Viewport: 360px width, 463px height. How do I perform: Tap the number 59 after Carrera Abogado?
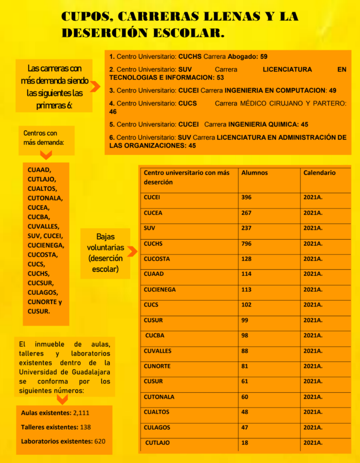(x=263, y=56)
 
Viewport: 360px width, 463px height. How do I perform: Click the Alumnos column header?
(x=254, y=172)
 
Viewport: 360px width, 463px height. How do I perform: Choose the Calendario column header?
(x=320, y=172)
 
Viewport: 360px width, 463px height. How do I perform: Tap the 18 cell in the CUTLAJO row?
(x=244, y=443)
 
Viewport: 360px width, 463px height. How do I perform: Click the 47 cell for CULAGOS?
(x=244, y=427)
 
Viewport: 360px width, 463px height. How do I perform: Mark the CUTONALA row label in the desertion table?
(x=159, y=397)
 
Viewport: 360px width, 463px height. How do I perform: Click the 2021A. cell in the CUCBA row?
(x=313, y=335)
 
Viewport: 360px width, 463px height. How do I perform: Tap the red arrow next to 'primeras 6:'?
(x=95, y=86)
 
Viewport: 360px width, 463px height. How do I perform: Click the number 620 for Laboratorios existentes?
(x=100, y=441)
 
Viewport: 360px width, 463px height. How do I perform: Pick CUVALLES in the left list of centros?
(x=43, y=226)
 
